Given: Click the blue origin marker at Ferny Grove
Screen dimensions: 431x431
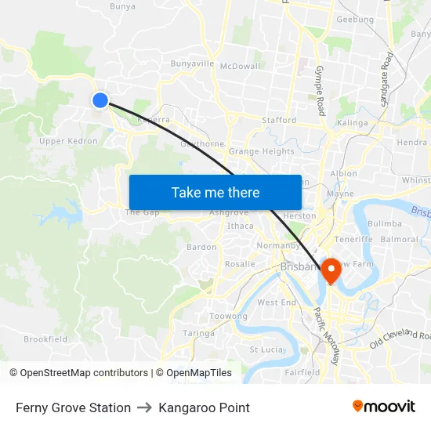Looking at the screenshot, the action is click(100, 100).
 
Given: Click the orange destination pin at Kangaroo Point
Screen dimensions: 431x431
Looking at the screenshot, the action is click(331, 270).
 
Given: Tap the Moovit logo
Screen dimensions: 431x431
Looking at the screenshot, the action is click(384, 407).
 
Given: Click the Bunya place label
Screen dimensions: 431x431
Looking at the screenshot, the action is click(122, 6).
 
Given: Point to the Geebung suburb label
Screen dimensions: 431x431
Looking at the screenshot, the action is click(354, 20).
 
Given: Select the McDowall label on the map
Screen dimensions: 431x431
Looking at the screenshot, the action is click(240, 67).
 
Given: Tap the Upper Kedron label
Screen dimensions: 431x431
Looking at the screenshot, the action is click(68, 141).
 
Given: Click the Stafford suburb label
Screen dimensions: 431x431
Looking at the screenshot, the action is click(280, 121).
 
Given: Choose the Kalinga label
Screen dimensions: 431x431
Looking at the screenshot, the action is click(352, 123).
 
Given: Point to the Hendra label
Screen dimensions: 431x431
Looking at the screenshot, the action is click(412, 143).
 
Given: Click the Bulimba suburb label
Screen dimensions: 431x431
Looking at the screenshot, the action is click(384, 223).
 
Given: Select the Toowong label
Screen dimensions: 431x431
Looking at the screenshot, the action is click(228, 317).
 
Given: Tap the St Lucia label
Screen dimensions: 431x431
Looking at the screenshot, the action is click(264, 350).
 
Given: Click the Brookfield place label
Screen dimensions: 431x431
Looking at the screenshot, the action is click(45, 339).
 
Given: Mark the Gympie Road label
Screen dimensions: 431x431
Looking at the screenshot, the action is click(319, 91).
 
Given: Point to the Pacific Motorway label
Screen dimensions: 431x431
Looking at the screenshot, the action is click(327, 335).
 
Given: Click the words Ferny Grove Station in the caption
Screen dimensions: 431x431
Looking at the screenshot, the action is click(73, 407).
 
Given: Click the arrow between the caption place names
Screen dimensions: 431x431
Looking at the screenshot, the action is click(144, 407).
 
